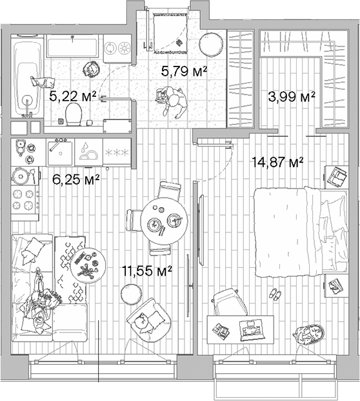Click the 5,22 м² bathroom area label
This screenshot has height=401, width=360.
click(x=73, y=97)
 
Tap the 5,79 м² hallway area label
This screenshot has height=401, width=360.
click(x=184, y=71)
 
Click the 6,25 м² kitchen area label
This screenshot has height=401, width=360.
click(x=75, y=178)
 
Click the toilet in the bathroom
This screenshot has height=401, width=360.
click(x=74, y=115)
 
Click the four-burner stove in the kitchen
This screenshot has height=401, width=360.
click(x=25, y=200)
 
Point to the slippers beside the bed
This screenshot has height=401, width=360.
click(x=275, y=294)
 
